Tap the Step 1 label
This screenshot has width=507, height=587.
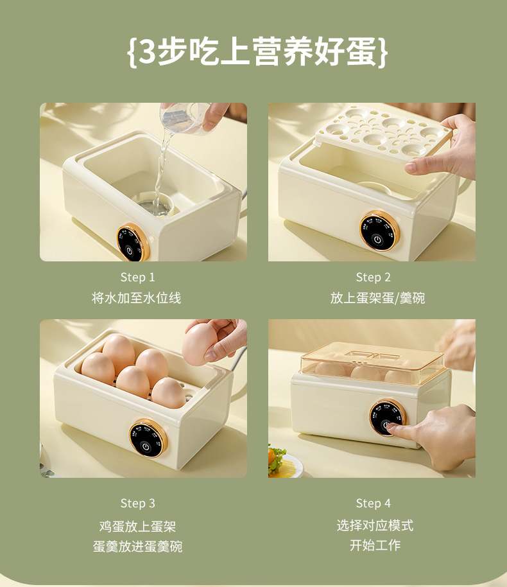tap(137, 277)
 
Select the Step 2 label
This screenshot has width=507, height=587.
tap(373, 277)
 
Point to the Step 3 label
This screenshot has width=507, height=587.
tap(137, 503)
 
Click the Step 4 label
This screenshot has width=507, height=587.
tap(373, 503)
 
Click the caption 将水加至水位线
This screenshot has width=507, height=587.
tap(137, 298)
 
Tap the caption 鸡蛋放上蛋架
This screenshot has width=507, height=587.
tap(137, 527)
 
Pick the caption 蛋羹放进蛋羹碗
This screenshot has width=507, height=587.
tap(137, 547)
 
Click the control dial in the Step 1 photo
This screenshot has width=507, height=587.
tap(133, 242)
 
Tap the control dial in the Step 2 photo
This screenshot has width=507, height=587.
tap(378, 231)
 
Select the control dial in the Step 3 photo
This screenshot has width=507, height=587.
tap(148, 438)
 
